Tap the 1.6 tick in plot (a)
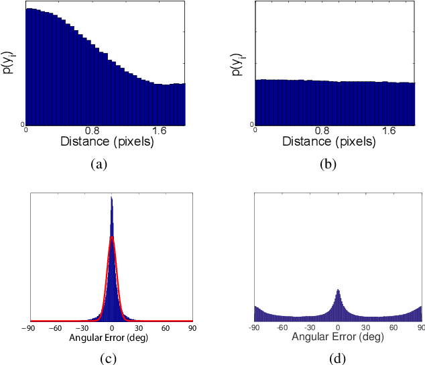click(x=160, y=131)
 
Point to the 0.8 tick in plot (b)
click(x=322, y=131)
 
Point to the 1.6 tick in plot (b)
click(x=389, y=131)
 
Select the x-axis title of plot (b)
click(x=329, y=142)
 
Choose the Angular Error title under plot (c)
click(x=109, y=337)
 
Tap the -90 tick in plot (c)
click(x=28, y=328)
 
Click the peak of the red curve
click(x=112, y=237)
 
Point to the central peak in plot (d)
click(x=339, y=290)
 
